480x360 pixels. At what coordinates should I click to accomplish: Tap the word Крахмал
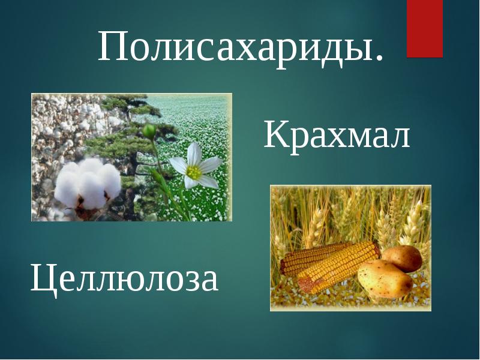(x=337, y=134)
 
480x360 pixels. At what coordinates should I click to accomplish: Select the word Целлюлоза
(x=124, y=279)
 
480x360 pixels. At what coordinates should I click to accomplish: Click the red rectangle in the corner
(x=425, y=28)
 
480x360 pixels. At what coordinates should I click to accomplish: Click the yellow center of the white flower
(x=194, y=172)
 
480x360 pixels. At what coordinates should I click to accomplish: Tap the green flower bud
(x=149, y=131)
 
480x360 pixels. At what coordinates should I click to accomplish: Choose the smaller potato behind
(x=403, y=258)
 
